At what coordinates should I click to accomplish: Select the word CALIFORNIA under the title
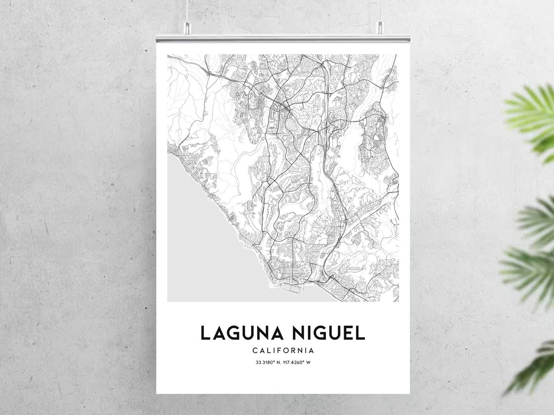(x=283, y=350)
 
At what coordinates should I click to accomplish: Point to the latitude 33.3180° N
(x=268, y=363)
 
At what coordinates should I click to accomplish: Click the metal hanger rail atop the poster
(x=283, y=38)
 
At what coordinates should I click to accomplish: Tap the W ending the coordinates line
(x=308, y=363)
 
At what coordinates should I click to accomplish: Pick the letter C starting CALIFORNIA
(x=255, y=350)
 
